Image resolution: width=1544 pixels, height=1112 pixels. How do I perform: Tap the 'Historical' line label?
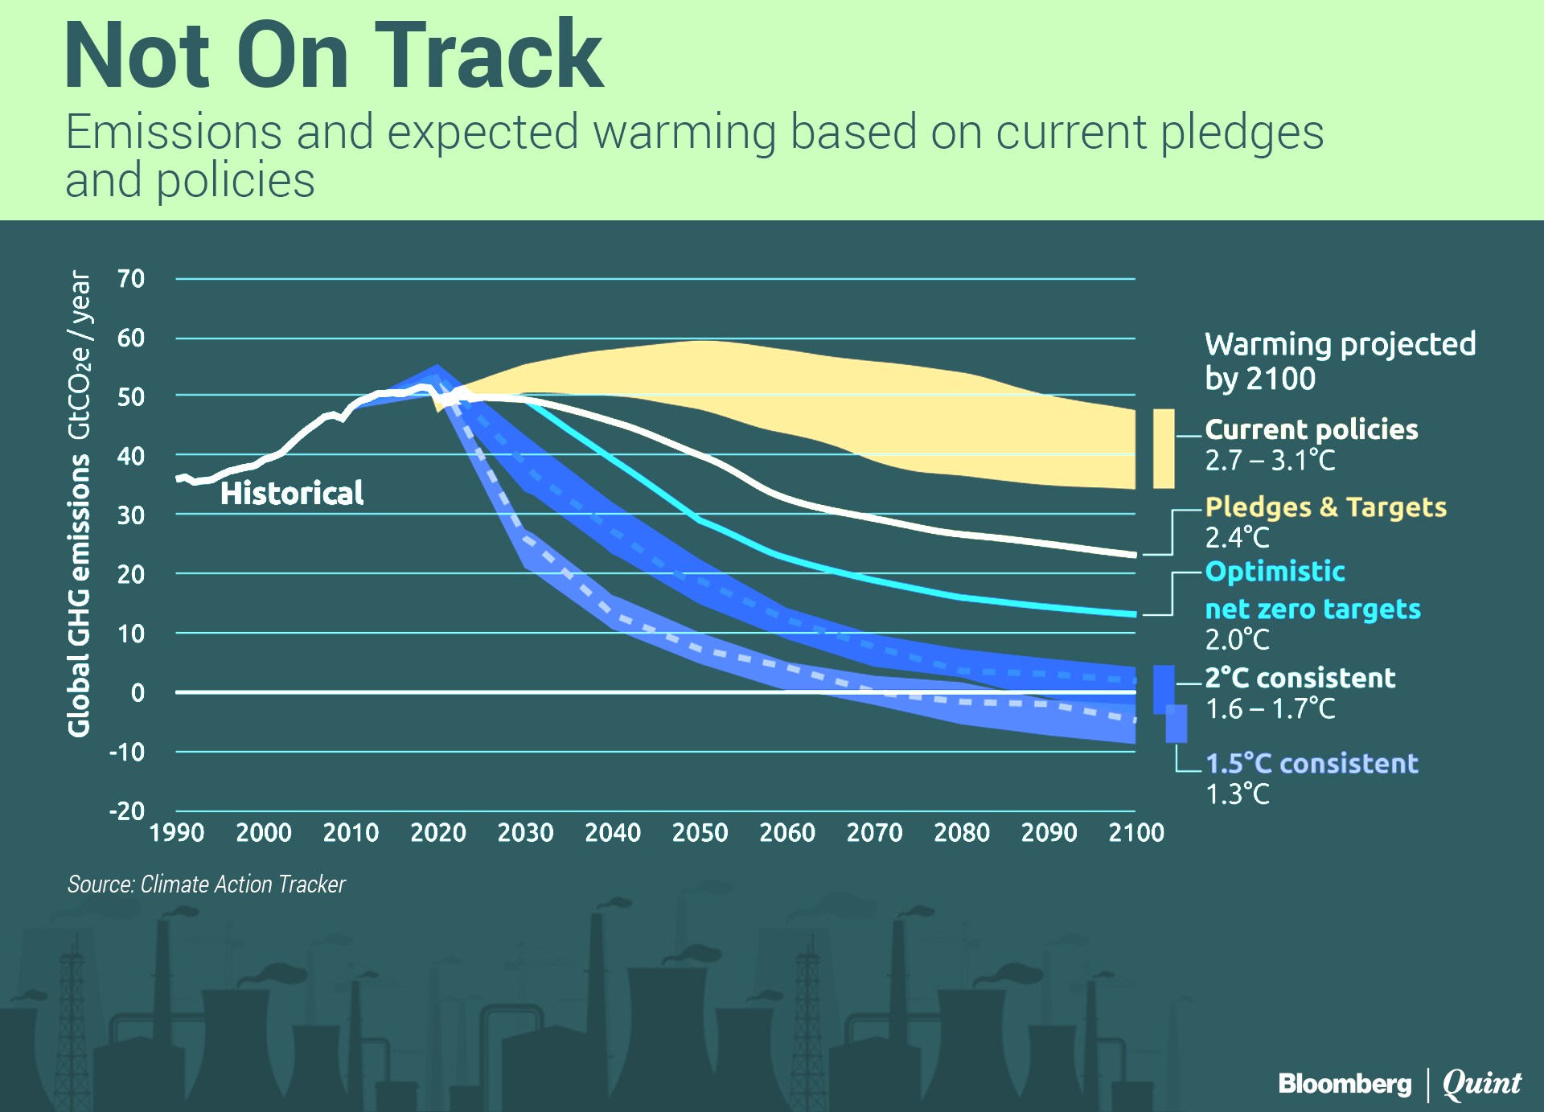pos(291,493)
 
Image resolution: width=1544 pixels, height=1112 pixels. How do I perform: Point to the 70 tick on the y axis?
pos(130,279)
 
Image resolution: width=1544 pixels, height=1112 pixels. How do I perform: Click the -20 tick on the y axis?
pos(127,810)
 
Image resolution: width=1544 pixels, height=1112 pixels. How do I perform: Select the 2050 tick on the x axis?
pos(700,832)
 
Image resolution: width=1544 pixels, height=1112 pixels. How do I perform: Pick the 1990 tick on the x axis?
pos(177,832)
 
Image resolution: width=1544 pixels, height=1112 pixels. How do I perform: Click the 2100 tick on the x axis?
pos(1135,832)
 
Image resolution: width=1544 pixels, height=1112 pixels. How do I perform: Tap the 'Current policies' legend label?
pos(1311,429)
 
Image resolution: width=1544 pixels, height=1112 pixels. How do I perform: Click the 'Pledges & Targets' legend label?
pos(1325,507)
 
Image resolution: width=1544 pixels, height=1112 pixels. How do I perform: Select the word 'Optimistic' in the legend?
pos(1275,572)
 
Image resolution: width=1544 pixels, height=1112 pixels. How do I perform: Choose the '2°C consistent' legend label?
pos(1300,678)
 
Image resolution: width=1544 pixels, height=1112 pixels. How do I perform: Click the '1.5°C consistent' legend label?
pos(1312,763)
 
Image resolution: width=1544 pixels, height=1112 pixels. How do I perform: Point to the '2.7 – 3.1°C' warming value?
pos(1270,461)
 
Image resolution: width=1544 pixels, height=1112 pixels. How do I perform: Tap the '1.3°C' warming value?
pos(1237,794)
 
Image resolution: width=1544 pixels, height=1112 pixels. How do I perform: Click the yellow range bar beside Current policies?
pos(1163,449)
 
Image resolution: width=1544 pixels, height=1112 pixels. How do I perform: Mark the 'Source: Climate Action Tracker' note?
pos(206,884)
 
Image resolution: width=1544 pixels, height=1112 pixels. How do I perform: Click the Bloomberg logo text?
pos(1345,1084)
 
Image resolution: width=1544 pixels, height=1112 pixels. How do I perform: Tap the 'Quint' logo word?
pos(1481,1084)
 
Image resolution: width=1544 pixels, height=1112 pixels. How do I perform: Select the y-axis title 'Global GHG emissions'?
pos(79,595)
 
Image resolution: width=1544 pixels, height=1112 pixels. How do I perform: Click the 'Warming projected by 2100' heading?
pos(1340,361)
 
